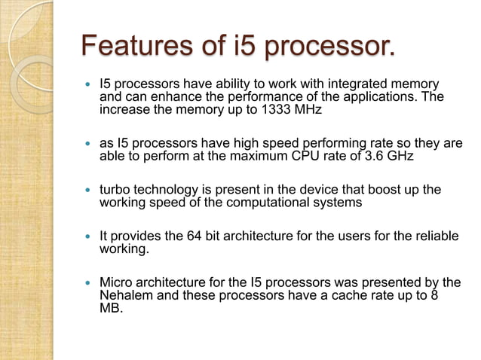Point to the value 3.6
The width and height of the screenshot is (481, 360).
coord(365,157)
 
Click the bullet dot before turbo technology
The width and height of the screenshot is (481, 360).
coord(90,190)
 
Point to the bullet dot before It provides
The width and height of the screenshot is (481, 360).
coord(90,236)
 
